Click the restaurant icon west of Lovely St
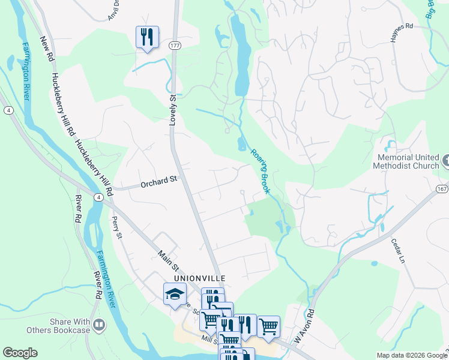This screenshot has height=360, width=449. pos(147,37)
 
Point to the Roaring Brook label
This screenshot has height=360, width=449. pos(259,171)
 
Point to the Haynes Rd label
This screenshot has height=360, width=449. pos(402,35)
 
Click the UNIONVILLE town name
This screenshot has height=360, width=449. pos(199,278)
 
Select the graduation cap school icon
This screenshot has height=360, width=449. pos(175,294)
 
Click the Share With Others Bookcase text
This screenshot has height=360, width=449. pos(58,326)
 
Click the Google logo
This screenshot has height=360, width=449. pos(20,353)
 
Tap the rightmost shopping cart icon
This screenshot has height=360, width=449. pos(268,326)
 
